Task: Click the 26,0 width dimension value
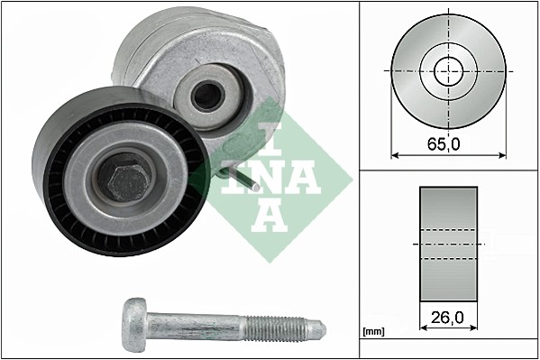click(447, 318)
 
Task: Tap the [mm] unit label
click(372, 332)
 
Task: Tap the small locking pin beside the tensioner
click(246, 184)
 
